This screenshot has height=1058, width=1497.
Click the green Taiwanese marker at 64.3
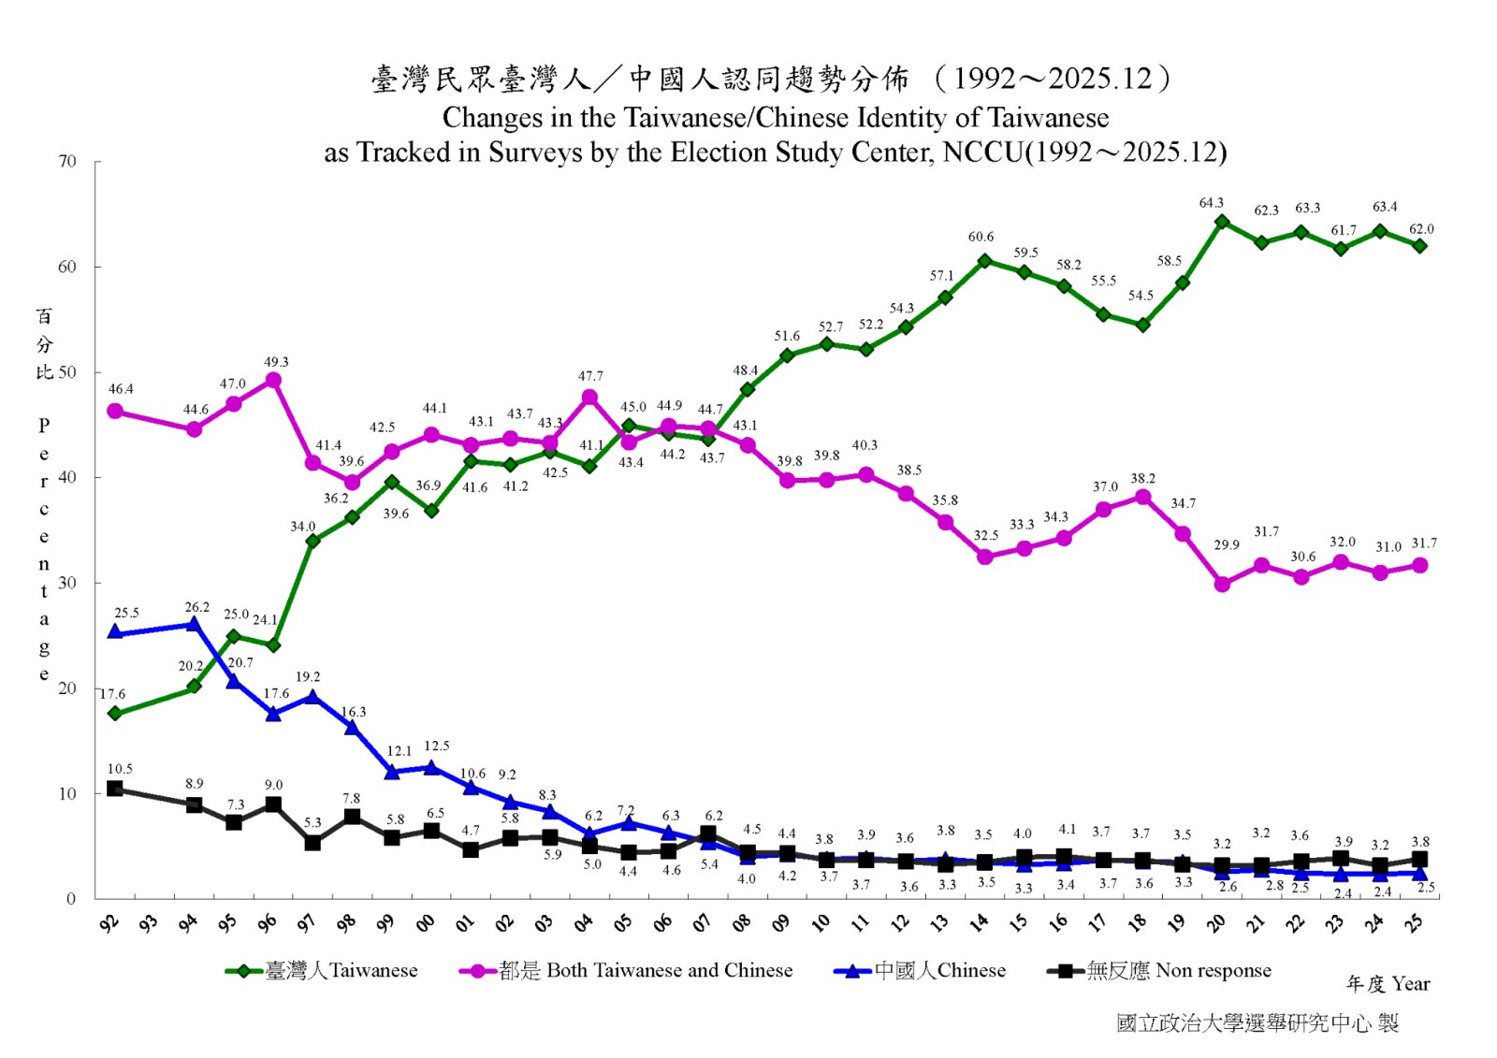tap(1222, 222)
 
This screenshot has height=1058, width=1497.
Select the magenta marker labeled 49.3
tap(273, 380)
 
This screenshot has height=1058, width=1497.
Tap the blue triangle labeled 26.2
tap(194, 624)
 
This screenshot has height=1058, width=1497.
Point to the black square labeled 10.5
tap(115, 789)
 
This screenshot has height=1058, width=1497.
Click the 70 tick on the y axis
tap(67, 162)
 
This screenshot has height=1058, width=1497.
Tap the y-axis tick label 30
tap(67, 583)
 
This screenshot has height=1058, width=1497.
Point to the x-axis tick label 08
tap(742, 923)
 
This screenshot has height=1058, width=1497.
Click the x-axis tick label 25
tap(1415, 923)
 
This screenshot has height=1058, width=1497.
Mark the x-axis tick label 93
tap(149, 923)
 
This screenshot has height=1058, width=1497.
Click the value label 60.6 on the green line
tap(981, 238)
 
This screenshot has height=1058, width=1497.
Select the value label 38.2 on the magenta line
tap(1142, 479)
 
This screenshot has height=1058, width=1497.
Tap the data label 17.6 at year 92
tap(112, 694)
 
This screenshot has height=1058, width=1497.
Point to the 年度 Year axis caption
tap(1388, 984)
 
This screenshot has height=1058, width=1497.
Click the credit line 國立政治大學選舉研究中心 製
tap(1257, 1023)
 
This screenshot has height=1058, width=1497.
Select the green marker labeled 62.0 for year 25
tap(1419, 246)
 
